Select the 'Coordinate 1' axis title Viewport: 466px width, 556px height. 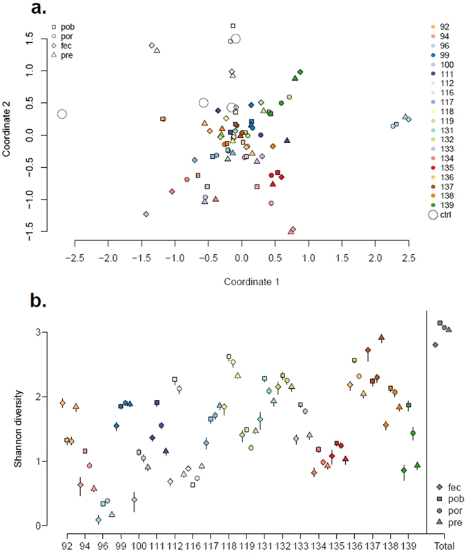click(241, 282)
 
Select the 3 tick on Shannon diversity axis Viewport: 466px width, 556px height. click(32, 332)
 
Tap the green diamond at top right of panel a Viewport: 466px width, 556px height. click(300, 72)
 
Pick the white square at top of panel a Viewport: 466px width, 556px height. click(233, 26)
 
